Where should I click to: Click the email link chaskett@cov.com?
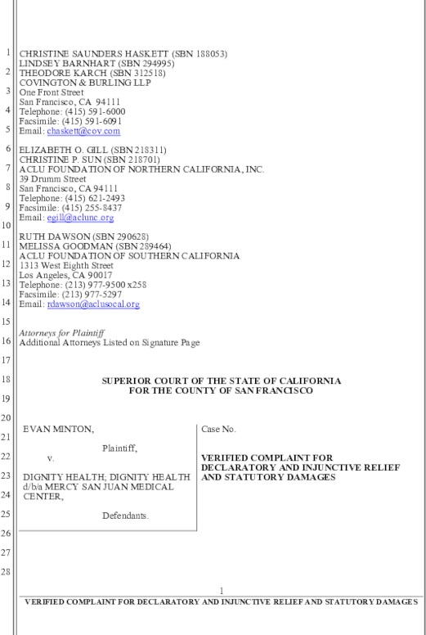point(83,131)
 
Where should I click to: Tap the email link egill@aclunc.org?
point(80,218)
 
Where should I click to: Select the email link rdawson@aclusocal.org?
point(93,304)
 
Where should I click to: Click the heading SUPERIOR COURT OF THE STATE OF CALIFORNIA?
point(221,381)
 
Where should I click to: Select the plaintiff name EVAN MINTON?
point(47,429)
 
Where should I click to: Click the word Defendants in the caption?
point(125,516)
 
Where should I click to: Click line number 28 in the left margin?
point(8,571)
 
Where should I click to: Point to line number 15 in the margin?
point(8,322)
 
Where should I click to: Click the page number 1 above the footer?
point(221,590)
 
